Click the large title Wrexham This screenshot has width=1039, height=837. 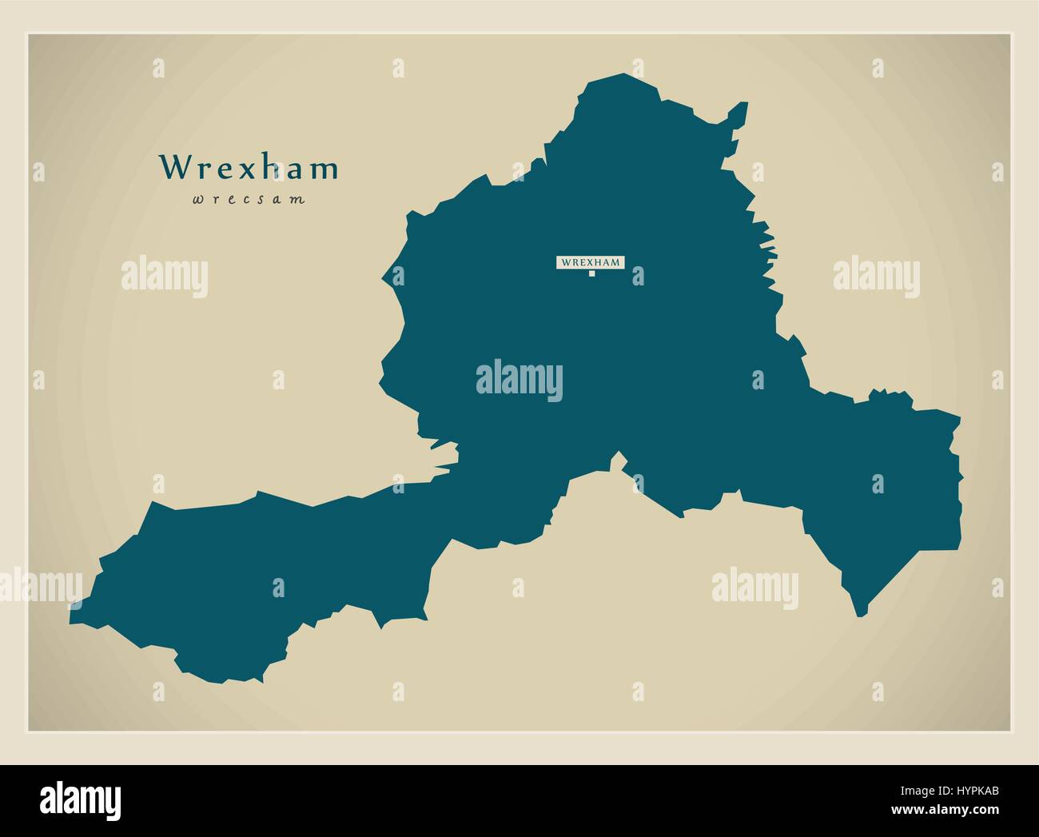click(249, 168)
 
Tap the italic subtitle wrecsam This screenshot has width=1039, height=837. click(249, 200)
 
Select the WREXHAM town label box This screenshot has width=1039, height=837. click(591, 261)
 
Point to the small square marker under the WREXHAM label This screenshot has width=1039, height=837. click(591, 274)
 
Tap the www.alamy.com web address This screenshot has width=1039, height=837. click(947, 814)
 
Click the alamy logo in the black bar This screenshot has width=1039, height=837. click(80, 800)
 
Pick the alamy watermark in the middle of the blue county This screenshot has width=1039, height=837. click(519, 379)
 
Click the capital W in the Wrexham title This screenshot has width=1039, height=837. click(174, 168)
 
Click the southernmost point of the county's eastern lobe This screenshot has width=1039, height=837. click(860, 614)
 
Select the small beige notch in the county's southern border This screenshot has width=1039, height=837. click(617, 460)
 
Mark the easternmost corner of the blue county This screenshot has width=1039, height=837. click(960, 417)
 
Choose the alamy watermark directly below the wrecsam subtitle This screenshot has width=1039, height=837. click(165, 277)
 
